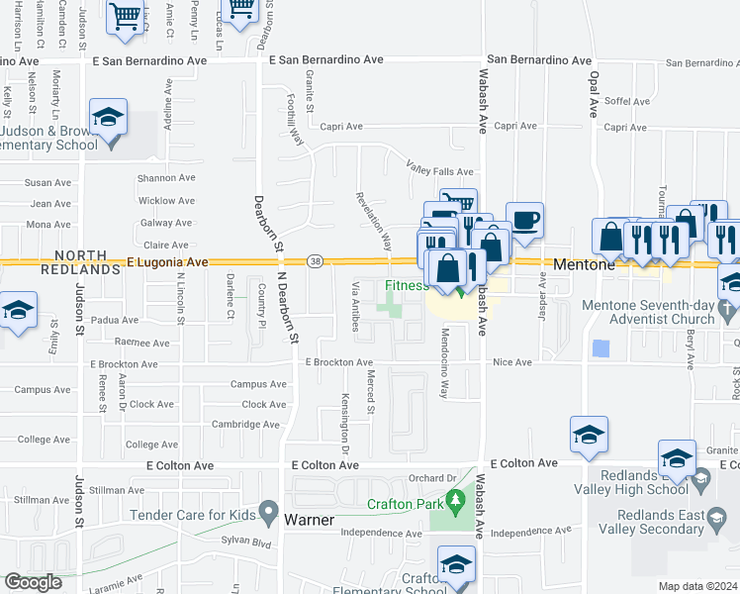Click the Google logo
click(x=33, y=582)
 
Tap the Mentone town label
click(x=585, y=265)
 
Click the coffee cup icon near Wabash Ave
click(x=524, y=221)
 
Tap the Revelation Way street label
click(x=379, y=221)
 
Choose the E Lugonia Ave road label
click(x=167, y=262)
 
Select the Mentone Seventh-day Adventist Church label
click(x=663, y=312)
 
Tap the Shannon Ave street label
click(x=166, y=178)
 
